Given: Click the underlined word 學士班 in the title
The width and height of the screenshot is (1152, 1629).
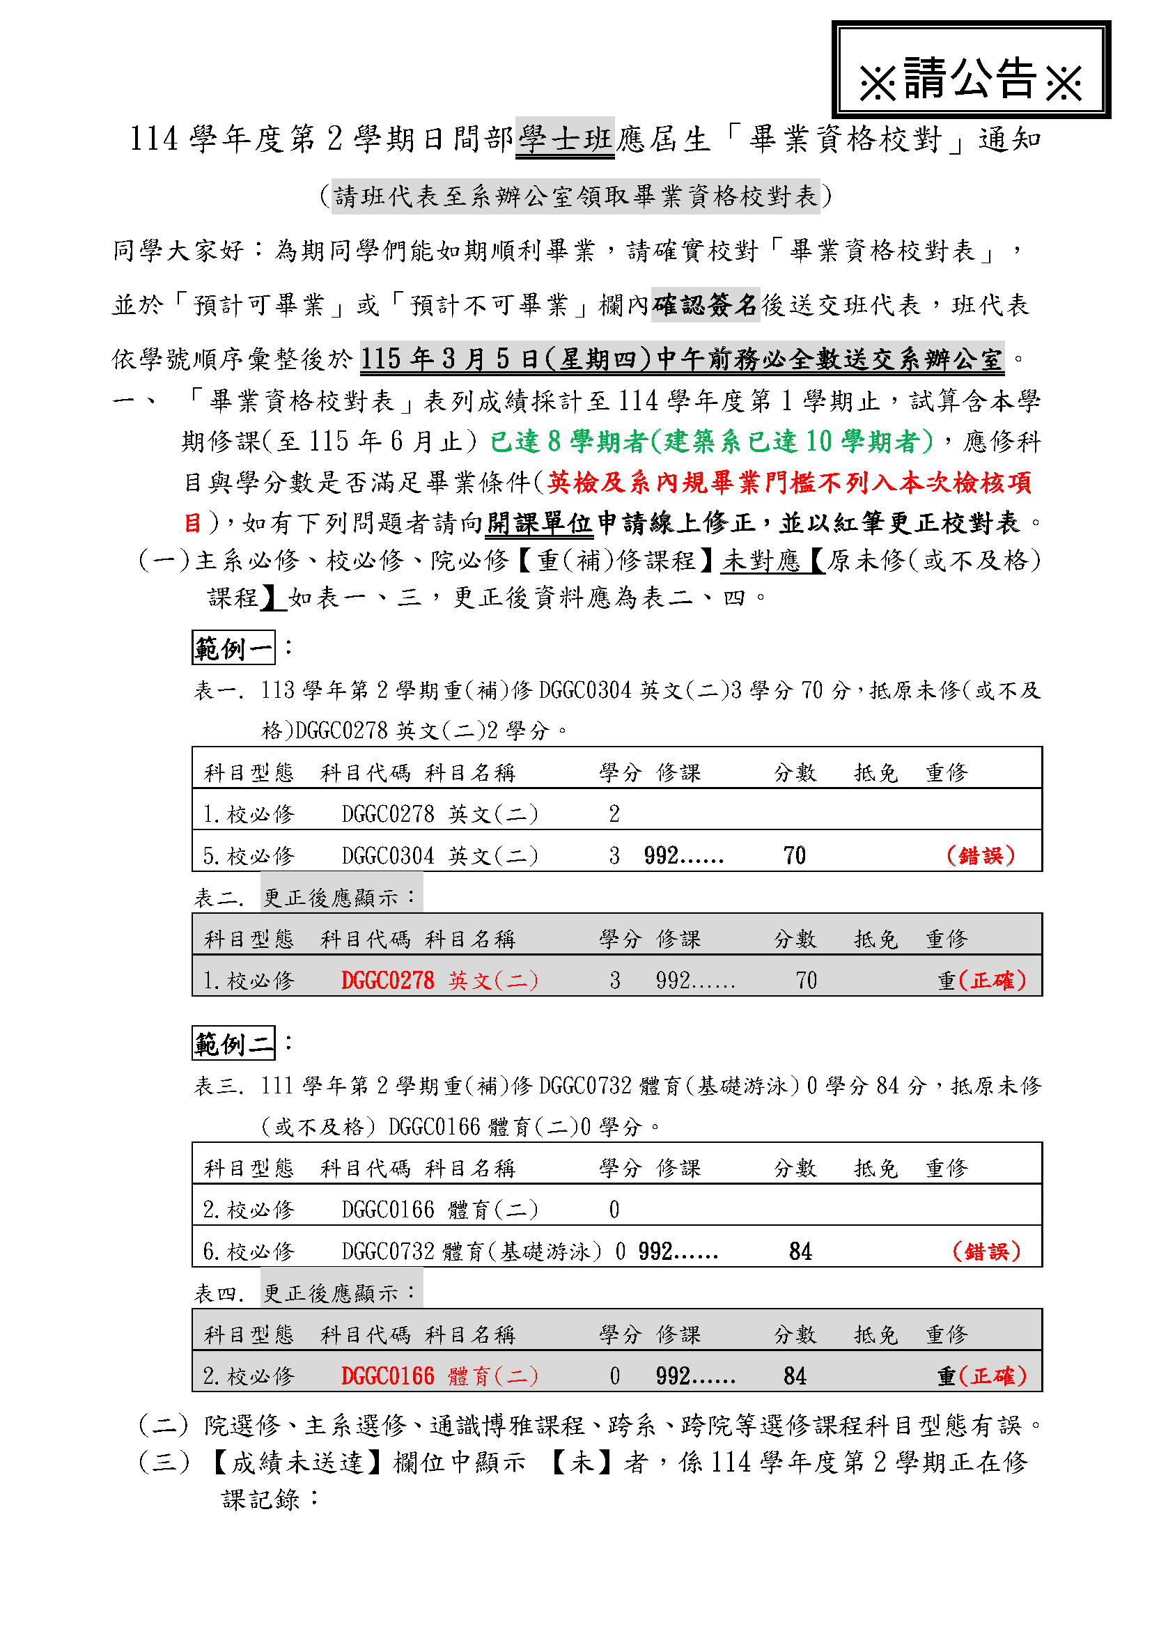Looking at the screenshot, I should click(x=565, y=139).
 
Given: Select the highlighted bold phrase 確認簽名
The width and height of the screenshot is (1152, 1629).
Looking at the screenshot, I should click(x=705, y=305).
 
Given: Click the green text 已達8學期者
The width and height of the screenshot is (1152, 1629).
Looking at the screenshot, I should click(x=568, y=442).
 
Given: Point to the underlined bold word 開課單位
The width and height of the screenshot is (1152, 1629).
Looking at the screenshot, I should click(x=539, y=524).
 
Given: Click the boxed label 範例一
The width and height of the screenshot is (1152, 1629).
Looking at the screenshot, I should click(x=233, y=647).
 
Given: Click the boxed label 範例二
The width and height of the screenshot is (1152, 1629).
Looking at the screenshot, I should click(x=233, y=1043).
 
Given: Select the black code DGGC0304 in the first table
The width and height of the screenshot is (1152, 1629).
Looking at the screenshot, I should click(x=387, y=856).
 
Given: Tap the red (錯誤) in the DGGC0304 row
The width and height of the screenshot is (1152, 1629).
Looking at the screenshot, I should click(x=981, y=856).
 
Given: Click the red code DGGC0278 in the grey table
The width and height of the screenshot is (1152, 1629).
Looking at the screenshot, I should click(x=387, y=981).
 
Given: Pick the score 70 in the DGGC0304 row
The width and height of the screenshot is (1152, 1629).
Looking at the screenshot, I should click(x=795, y=856).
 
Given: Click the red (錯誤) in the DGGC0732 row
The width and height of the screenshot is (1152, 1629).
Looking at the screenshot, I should click(x=987, y=1251).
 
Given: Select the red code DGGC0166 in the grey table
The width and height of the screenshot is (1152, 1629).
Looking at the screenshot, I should click(x=387, y=1375).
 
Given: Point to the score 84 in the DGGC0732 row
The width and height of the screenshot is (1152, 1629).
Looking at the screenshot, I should click(x=800, y=1251).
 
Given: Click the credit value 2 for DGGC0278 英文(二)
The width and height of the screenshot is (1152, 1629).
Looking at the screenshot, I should click(x=614, y=813).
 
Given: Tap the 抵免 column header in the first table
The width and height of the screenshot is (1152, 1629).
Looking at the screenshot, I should click(x=875, y=772).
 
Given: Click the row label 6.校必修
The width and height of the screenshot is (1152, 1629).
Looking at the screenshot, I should click(x=248, y=1251).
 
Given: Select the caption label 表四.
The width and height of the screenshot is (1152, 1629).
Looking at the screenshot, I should click(x=219, y=1293).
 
